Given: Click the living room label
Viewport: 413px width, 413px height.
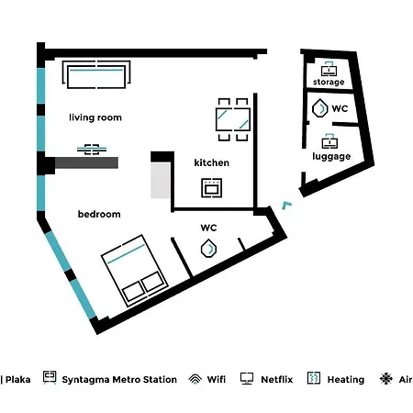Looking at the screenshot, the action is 95,117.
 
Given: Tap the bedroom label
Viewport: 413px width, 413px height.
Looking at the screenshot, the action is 99,214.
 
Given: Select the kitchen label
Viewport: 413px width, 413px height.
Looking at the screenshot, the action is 212,162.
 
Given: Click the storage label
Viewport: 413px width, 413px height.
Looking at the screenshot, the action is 329,82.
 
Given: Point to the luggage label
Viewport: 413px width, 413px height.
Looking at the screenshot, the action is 331,156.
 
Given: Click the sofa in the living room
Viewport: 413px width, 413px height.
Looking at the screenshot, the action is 96,74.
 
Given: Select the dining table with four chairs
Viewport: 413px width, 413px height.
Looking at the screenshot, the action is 233,119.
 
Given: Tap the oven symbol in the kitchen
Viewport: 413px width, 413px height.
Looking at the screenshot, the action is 211,187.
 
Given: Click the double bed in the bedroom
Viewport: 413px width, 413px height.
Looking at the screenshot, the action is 135,271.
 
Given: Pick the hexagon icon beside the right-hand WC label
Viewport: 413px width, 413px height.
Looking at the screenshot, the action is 319,108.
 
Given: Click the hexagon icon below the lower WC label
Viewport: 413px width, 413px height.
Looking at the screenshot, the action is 208,248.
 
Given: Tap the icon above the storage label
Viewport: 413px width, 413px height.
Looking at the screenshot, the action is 329,69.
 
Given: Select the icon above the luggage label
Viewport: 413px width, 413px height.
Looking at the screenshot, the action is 329,141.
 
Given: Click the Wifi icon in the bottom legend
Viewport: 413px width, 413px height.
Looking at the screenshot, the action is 195,379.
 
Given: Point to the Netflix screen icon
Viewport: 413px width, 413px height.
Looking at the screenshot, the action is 247,379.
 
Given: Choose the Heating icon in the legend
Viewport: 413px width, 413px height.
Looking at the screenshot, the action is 314,378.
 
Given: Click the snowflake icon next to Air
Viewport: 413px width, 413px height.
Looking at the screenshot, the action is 386,378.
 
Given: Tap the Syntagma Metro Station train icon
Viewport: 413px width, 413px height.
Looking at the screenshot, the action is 50,377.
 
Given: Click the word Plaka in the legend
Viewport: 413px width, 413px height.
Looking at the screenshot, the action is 18,380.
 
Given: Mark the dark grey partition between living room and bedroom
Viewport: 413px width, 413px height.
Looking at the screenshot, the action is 86,162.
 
